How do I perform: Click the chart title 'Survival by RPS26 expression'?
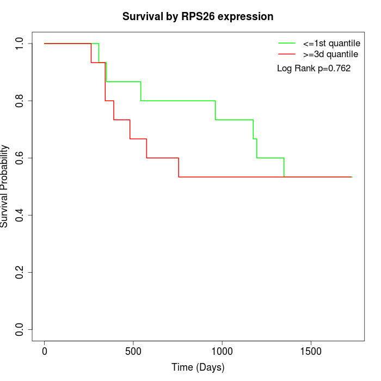tap(198, 16)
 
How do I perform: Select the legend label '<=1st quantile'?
tap(331, 42)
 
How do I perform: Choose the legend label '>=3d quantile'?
tap(330, 54)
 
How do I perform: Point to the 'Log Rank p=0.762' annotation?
tap(314, 69)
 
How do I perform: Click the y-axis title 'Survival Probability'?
tap(5, 186)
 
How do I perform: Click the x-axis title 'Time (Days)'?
tap(198, 367)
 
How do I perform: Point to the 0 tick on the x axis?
tap(45, 351)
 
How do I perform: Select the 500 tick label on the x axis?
tap(133, 351)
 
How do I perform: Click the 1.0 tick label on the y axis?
tap(20, 44)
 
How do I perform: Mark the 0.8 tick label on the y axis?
tap(20, 101)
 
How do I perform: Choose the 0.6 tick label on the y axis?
tap(20, 158)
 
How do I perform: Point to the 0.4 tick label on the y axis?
tap(20, 215)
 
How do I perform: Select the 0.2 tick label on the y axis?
tap(20, 272)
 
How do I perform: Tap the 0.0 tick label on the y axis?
tap(20, 329)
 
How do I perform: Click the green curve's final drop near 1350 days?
tap(284, 168)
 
